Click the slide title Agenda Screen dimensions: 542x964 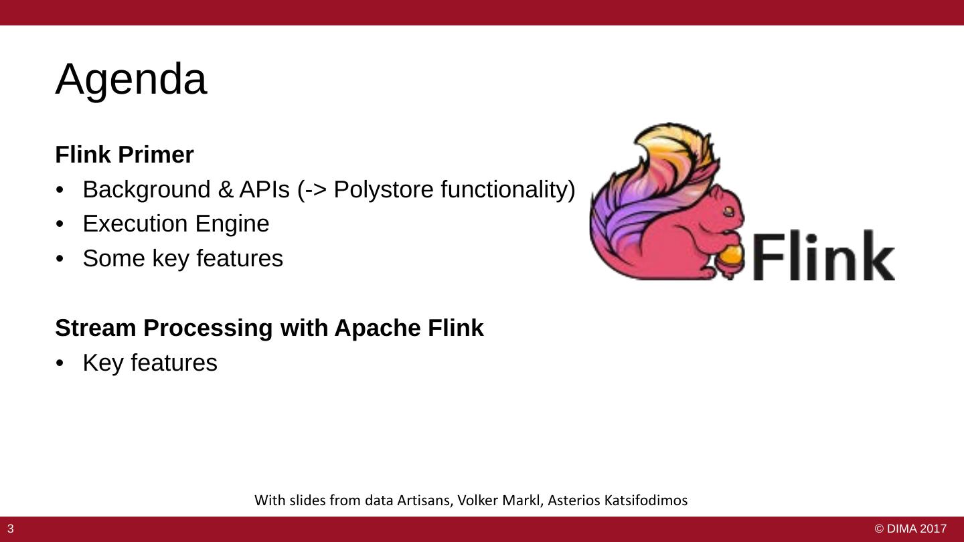pyautogui.click(x=131, y=80)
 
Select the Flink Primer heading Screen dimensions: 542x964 pyautogui.click(x=124, y=155)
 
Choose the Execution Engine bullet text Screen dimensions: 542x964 pyautogui.click(x=175, y=223)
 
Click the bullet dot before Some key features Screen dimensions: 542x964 pyautogui.click(x=60, y=259)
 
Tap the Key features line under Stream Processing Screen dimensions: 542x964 pyautogui.click(x=150, y=363)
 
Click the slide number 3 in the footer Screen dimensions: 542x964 pyautogui.click(x=11, y=529)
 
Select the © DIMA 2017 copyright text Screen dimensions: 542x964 pyautogui.click(x=910, y=529)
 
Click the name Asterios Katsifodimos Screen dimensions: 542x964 pyautogui.click(x=618, y=501)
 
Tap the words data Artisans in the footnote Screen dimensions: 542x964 pyautogui.click(x=406, y=501)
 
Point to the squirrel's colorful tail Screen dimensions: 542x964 pyautogui.click(x=643, y=181)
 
